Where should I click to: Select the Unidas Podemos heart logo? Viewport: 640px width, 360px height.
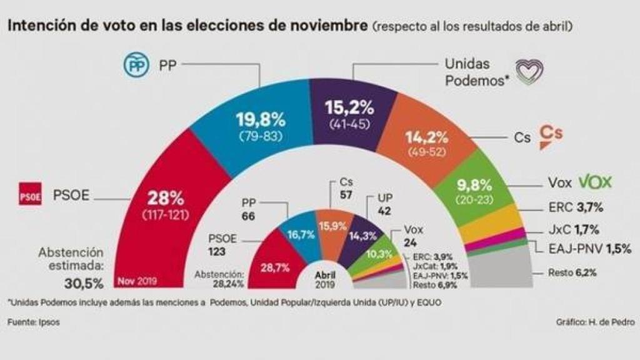tap(528, 72)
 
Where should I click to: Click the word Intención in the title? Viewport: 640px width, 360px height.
tap(37, 26)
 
